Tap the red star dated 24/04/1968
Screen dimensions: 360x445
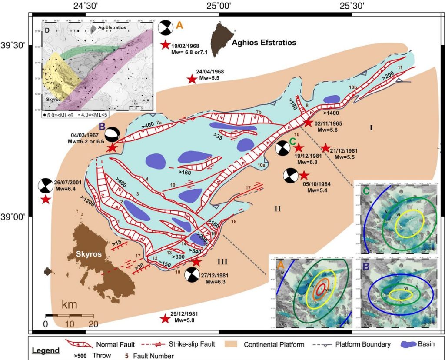click(x=191, y=79)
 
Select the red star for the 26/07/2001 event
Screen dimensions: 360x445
click(x=45, y=200)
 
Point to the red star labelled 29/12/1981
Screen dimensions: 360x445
click(x=165, y=319)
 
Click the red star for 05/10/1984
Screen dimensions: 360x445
click(x=304, y=175)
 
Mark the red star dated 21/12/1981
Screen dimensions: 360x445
click(x=325, y=148)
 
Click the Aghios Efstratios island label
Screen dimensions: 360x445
click(x=264, y=43)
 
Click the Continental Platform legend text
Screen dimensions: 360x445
click(x=274, y=345)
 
